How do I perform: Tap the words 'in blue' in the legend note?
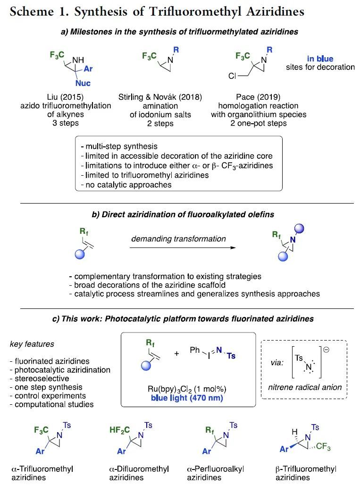pyautogui.click(x=320, y=59)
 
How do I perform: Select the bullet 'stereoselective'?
pyautogui.click(x=38, y=378)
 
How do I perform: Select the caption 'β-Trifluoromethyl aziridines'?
pyautogui.click(x=306, y=473)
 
